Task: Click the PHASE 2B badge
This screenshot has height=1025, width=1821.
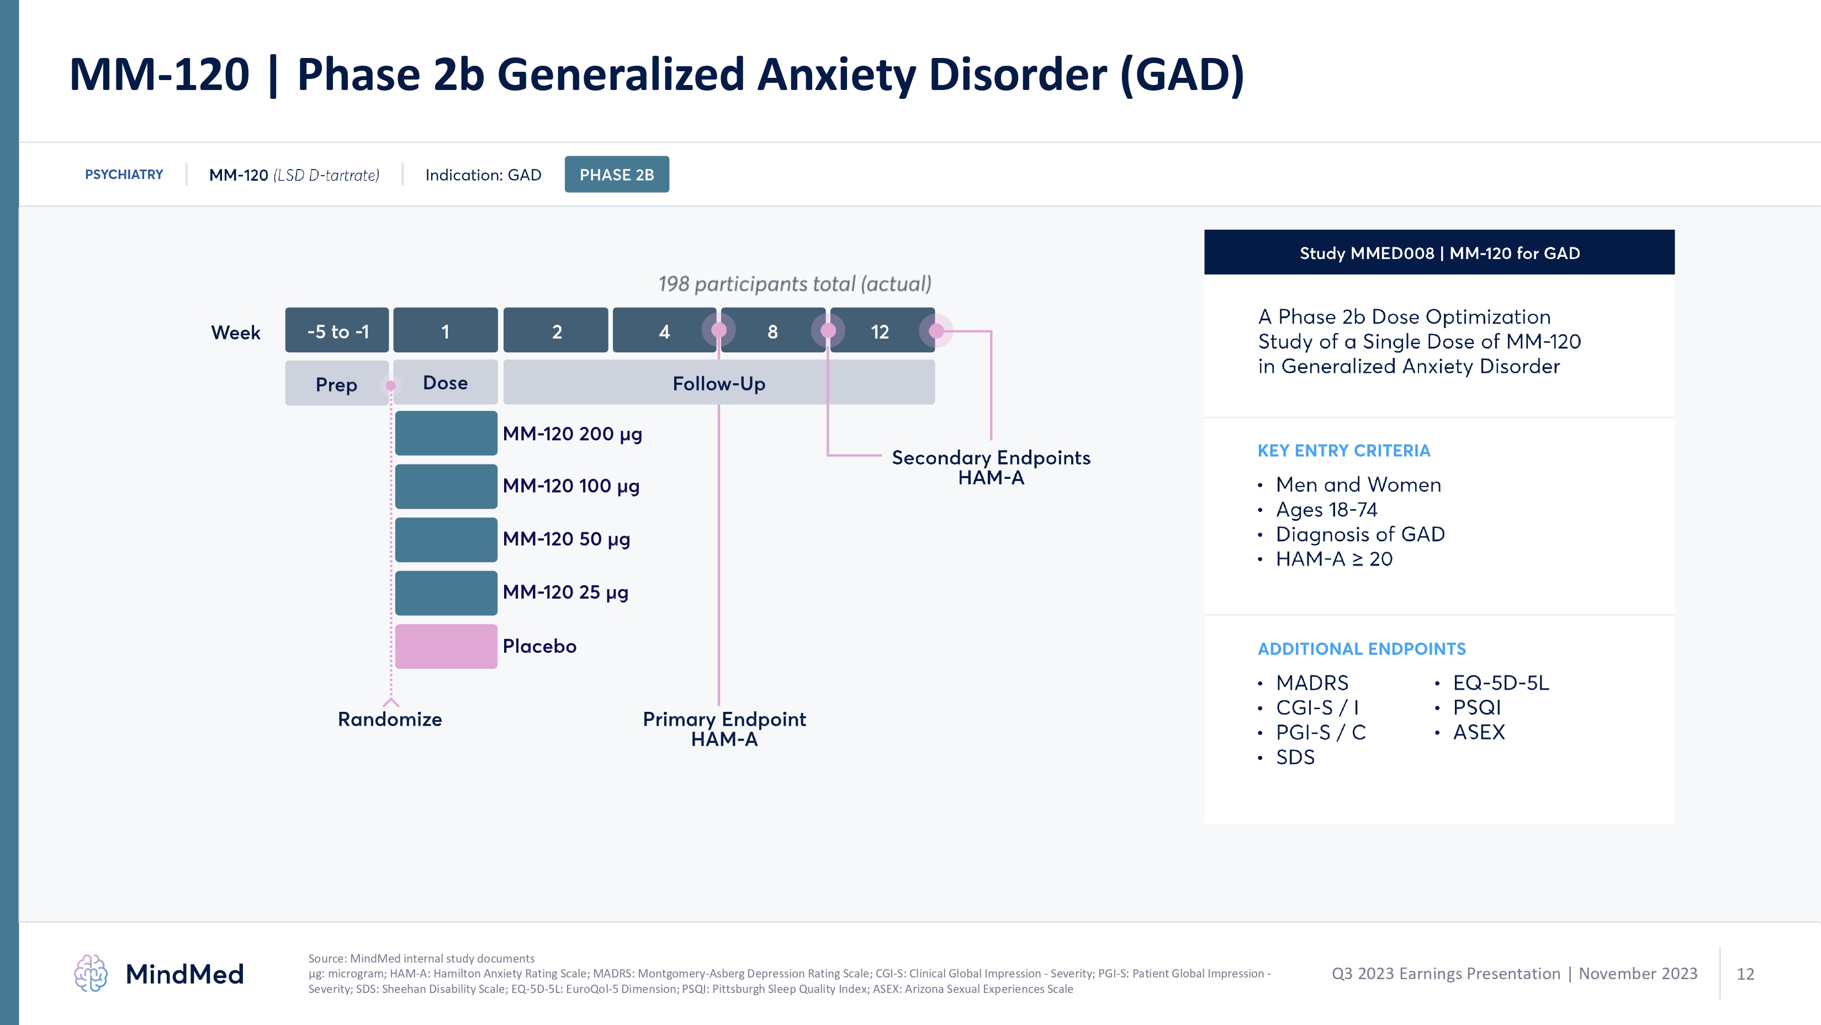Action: click(x=616, y=175)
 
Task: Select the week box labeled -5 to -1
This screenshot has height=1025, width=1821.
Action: click(x=337, y=331)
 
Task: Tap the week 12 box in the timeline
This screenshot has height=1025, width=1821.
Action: click(x=880, y=331)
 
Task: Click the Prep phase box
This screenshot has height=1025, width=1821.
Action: click(x=336, y=384)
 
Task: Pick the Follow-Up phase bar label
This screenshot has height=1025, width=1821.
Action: click(x=718, y=383)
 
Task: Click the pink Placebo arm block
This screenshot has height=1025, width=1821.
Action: click(x=446, y=646)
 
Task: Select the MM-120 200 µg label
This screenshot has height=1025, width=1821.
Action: click(x=572, y=434)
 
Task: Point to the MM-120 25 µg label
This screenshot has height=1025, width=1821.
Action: click(x=565, y=591)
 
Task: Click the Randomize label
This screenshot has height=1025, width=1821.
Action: click(x=389, y=719)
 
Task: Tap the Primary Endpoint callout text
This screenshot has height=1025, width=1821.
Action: click(x=724, y=728)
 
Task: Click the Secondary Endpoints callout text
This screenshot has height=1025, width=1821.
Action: click(x=991, y=467)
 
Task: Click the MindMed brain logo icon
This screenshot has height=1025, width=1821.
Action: click(x=91, y=974)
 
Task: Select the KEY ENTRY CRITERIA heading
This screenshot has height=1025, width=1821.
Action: click(x=1343, y=450)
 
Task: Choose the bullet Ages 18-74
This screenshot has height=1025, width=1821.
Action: click(x=1326, y=509)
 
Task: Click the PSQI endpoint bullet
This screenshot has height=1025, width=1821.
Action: click(x=1476, y=707)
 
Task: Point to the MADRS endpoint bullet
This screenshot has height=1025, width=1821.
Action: click(x=1311, y=682)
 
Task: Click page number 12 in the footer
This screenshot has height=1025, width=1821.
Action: click(x=1745, y=974)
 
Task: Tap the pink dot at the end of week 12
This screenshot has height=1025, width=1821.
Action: click(x=936, y=330)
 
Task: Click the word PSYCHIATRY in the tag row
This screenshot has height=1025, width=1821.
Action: click(x=124, y=175)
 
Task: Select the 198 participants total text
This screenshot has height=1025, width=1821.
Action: click(x=795, y=283)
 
